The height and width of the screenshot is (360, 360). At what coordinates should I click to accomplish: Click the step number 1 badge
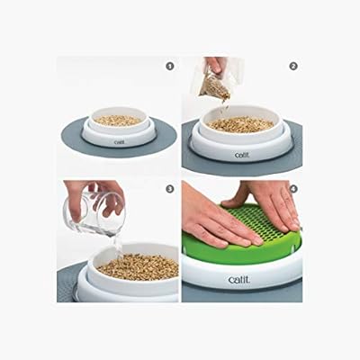click(169, 67)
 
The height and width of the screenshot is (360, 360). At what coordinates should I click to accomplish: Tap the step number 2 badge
click(293, 67)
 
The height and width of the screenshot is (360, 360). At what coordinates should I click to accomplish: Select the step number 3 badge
click(169, 189)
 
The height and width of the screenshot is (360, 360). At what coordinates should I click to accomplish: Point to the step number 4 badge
click(293, 189)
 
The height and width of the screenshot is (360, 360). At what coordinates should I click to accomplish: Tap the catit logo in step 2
click(241, 154)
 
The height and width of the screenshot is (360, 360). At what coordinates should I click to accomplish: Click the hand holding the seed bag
click(215, 64)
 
